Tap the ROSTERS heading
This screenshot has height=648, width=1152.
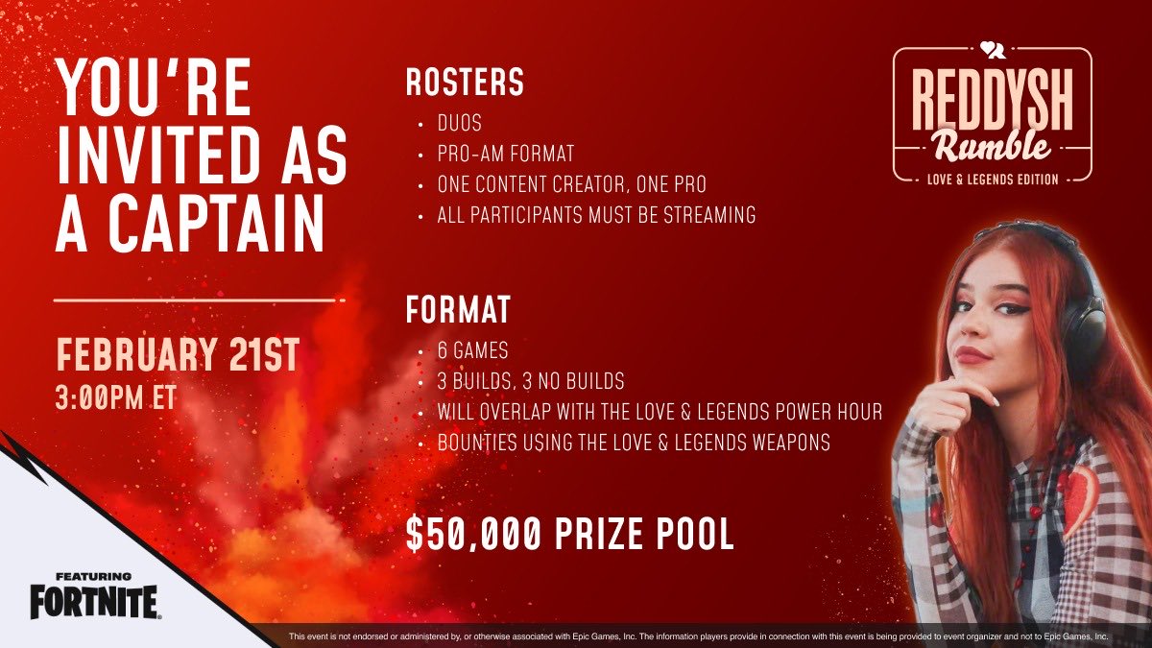point(465,84)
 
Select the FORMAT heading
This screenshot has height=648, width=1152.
point(457,310)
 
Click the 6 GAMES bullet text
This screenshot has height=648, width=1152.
point(472,352)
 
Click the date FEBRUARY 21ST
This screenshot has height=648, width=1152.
point(178,354)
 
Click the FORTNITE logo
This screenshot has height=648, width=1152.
point(92,602)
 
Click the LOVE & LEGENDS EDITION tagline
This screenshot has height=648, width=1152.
point(992,178)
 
